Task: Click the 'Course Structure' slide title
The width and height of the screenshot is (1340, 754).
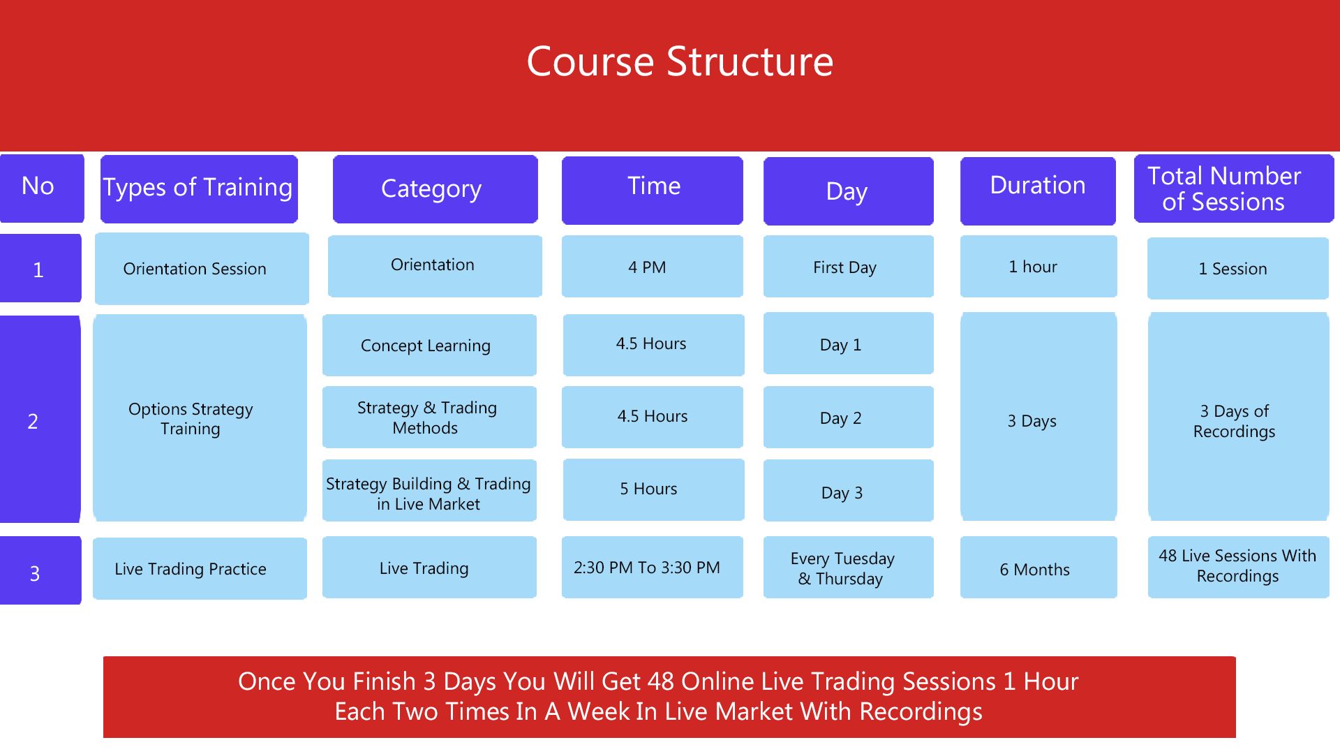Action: [680, 61]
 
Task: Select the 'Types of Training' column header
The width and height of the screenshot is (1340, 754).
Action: [199, 188]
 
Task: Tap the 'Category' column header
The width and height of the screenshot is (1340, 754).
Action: [435, 188]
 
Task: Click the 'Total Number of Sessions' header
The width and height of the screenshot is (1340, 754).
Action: [1234, 188]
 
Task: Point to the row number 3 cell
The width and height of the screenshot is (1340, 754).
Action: [40, 570]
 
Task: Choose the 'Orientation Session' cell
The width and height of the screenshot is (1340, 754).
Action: [202, 269]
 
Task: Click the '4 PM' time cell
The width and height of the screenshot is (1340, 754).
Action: [653, 267]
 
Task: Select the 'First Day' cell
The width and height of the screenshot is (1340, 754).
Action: [849, 267]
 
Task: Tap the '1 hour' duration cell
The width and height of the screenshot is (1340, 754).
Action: [1038, 267]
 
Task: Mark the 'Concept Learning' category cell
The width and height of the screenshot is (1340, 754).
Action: [429, 345]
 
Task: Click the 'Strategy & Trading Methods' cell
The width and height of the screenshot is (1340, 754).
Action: [429, 417]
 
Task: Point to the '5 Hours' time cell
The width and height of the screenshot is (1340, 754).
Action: [653, 489]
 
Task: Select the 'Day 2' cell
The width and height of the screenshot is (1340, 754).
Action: [849, 417]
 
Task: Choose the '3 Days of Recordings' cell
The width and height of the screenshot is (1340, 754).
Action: [1238, 417]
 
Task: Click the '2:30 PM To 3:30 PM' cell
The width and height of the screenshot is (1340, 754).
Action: [653, 567]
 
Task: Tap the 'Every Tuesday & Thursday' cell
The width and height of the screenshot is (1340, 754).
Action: [849, 567]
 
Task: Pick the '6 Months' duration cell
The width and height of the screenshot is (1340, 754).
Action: [1038, 567]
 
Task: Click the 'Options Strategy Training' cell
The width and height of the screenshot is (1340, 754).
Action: [200, 417]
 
